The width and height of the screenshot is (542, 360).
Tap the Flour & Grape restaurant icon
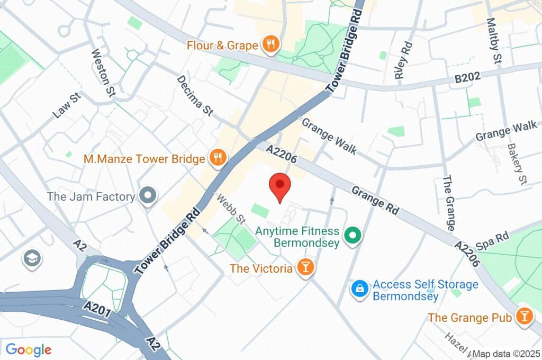click(271, 45)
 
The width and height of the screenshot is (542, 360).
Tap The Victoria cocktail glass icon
click(305, 268)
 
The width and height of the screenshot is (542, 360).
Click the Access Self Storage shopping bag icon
click(360, 290)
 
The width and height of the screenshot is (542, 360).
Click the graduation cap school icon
click(32, 259)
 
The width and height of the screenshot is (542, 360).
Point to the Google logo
click(28, 350)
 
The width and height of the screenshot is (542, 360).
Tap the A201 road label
click(97, 309)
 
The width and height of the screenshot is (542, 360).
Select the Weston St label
click(103, 73)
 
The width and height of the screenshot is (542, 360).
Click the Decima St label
click(195, 95)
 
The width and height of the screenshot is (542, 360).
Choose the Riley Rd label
click(403, 61)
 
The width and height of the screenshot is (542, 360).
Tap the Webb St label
click(231, 208)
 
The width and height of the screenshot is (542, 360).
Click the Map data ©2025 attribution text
click(507, 354)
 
